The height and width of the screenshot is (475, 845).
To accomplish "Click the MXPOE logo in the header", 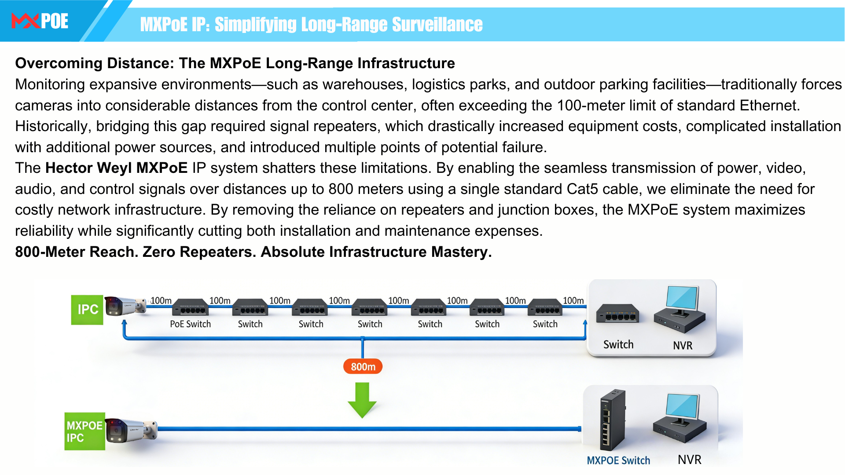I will pyautogui.click(x=40, y=21).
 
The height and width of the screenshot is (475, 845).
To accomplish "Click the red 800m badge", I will pyautogui.click(x=363, y=366).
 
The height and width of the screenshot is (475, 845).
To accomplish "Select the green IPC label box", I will pyautogui.click(x=87, y=310).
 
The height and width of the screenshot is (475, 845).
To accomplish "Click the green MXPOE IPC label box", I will pyautogui.click(x=84, y=431).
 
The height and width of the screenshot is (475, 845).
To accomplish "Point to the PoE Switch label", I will pyautogui.click(x=190, y=324).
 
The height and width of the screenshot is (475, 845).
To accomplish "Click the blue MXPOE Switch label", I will pyautogui.click(x=618, y=460).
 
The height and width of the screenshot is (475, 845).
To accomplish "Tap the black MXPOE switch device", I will pyautogui.click(x=612, y=420).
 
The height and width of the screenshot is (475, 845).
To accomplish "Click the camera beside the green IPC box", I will pyautogui.click(x=125, y=306).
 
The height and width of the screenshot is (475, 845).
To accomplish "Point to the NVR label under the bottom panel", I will pyautogui.click(x=689, y=460).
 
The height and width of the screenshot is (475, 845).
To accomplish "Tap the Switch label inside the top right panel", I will pyautogui.click(x=618, y=344).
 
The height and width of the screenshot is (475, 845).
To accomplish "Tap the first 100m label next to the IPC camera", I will pyautogui.click(x=161, y=300).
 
